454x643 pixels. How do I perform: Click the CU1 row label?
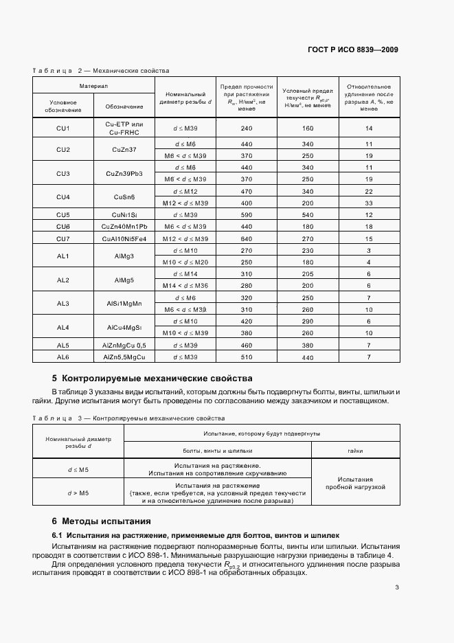63,128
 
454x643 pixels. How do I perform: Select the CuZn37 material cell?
124,150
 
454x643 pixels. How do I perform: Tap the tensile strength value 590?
247,215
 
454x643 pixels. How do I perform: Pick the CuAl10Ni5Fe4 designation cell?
124,238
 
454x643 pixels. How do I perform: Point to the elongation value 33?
368,204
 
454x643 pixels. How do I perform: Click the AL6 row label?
63,357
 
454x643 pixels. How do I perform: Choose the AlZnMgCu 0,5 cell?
124,345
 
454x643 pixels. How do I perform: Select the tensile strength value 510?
247,357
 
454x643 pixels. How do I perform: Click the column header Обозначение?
124,106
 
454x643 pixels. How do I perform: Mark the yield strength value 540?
307,215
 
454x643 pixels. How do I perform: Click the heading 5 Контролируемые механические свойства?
152,379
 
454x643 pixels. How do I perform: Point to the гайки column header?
355,451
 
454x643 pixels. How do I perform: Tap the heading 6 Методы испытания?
101,521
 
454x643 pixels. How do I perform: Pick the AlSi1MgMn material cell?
124,304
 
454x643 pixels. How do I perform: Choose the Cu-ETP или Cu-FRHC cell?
124,128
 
